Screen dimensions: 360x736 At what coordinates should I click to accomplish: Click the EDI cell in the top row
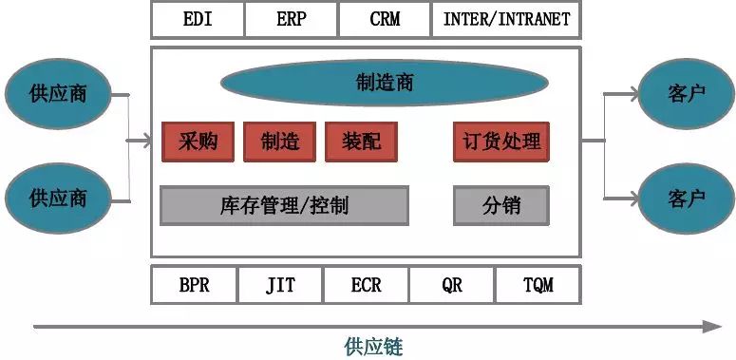pyautogui.click(x=198, y=19)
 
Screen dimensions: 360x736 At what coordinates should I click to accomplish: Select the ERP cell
pyautogui.click(x=291, y=19)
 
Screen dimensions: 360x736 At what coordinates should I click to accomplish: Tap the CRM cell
pyautogui.click(x=384, y=19)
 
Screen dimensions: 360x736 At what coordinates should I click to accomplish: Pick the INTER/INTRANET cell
pyautogui.click(x=506, y=19)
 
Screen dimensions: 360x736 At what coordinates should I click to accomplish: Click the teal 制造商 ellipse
pyautogui.click(x=385, y=83)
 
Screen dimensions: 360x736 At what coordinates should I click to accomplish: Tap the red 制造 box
pyautogui.click(x=279, y=142)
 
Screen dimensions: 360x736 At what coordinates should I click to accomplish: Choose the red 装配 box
pyautogui.click(x=361, y=142)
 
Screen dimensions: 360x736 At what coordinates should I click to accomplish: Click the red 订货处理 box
pyautogui.click(x=501, y=142)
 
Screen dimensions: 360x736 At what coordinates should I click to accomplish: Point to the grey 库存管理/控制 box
pyautogui.click(x=284, y=205)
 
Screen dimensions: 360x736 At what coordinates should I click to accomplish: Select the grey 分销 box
pyautogui.click(x=501, y=205)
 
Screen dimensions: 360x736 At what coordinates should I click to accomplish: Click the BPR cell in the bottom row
pyautogui.click(x=194, y=285)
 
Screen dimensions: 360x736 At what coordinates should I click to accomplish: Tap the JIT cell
pyautogui.click(x=280, y=285)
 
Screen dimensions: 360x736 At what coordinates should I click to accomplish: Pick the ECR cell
pyautogui.click(x=366, y=285)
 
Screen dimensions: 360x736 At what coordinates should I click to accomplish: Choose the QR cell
pyautogui.click(x=452, y=285)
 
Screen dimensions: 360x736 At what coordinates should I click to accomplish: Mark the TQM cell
pyautogui.click(x=538, y=285)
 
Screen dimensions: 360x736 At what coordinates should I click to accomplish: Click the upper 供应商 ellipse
pyautogui.click(x=58, y=94)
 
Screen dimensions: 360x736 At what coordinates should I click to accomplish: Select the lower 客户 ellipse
pyautogui.click(x=686, y=199)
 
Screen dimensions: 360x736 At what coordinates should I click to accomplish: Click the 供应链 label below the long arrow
pyautogui.click(x=373, y=346)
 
